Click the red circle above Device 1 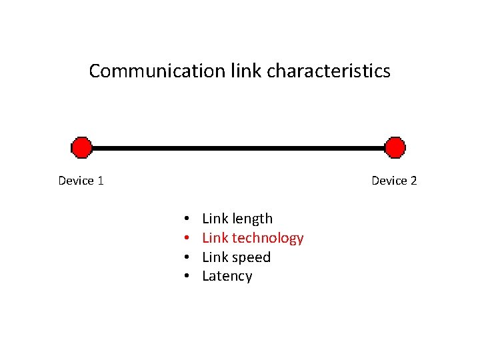pyautogui.click(x=81, y=147)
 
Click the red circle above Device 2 pyautogui.click(x=395, y=147)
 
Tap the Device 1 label pyautogui.click(x=81, y=181)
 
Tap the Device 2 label pyautogui.click(x=394, y=181)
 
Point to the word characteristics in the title pyautogui.click(x=329, y=71)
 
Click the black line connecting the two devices pyautogui.click(x=238, y=147)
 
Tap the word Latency pyautogui.click(x=227, y=276)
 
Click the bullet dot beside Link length pyautogui.click(x=188, y=219)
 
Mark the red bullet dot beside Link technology pyautogui.click(x=188, y=239)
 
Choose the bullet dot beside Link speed pyautogui.click(x=188, y=258)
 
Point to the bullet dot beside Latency pyautogui.click(x=188, y=277)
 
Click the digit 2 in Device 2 pyautogui.click(x=413, y=181)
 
